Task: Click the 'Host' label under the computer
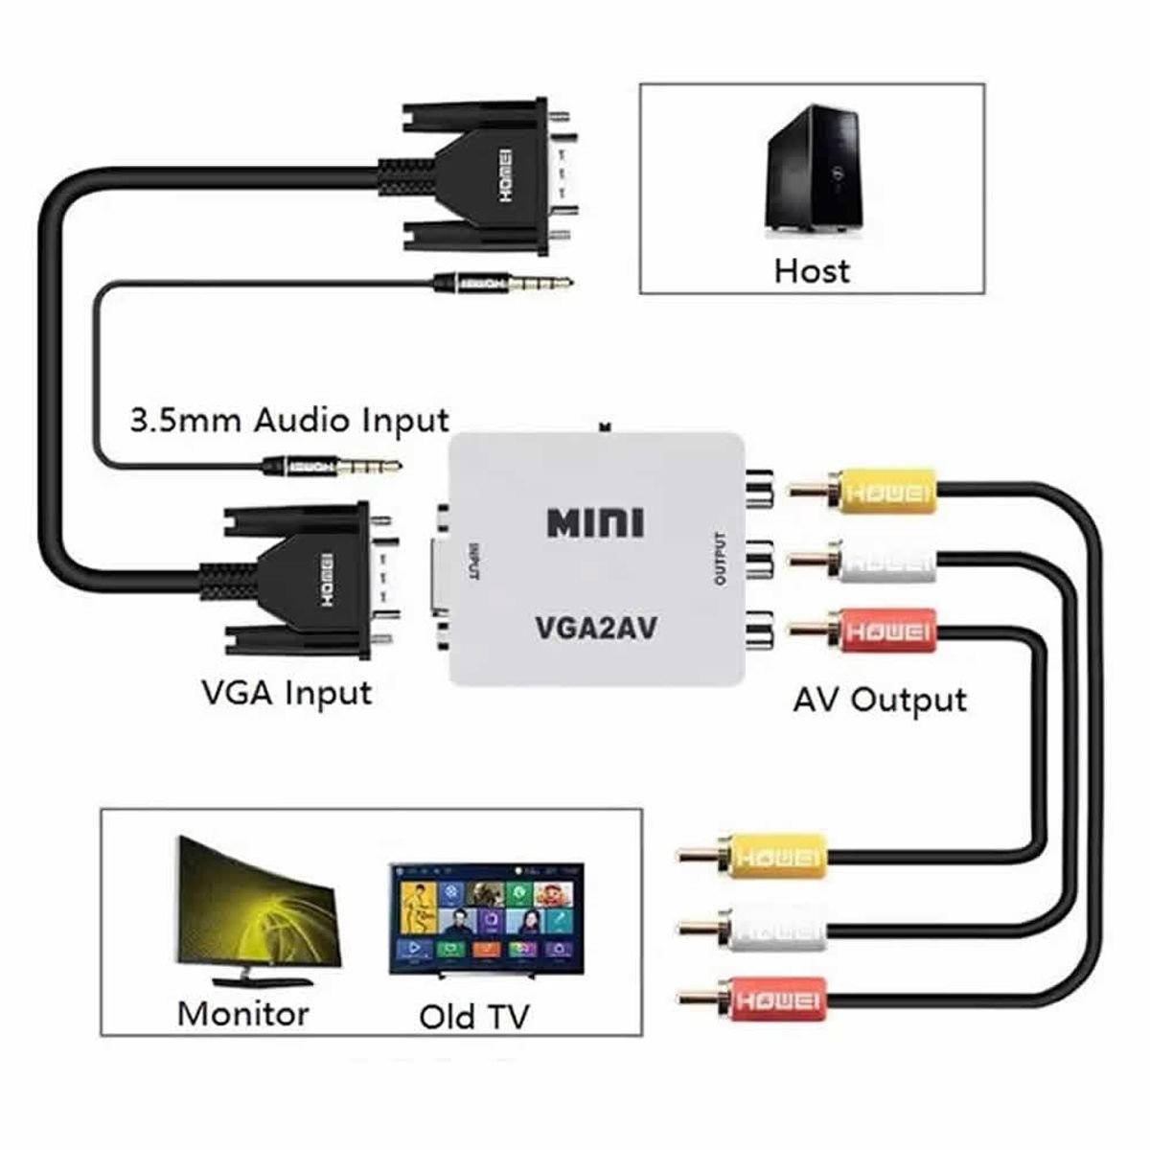click(812, 270)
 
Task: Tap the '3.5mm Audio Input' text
click(288, 421)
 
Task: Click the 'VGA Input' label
click(287, 691)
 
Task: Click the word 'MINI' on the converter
click(595, 523)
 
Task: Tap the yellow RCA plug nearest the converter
click(877, 492)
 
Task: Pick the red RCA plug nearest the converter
click(877, 631)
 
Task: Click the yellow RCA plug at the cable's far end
click(767, 855)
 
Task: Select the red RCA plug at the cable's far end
click(767, 1000)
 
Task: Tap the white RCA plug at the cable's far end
click(767, 929)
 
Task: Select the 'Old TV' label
click(473, 1017)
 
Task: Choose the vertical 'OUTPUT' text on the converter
click(721, 559)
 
